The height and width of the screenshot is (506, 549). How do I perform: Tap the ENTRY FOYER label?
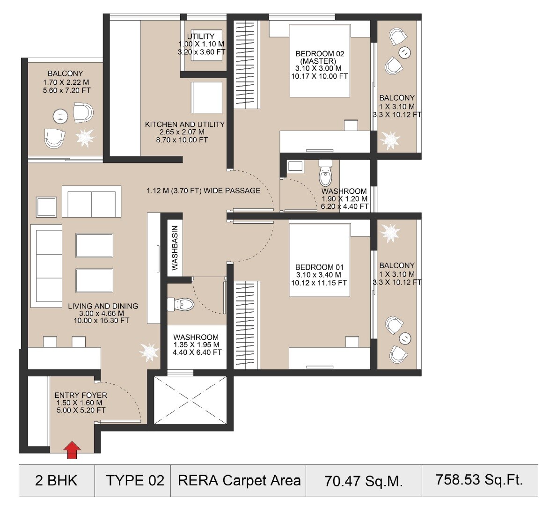click(81, 402)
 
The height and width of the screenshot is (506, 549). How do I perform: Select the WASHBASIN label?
click(175, 248)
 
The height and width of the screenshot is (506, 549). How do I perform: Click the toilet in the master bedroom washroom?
click(325, 174)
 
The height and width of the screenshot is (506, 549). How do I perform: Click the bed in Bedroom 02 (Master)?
click(320, 60)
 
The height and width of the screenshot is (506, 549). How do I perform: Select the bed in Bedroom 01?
click(320, 260)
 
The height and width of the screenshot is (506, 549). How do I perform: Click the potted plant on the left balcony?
click(85, 137)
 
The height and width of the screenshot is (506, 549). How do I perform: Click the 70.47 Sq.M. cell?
click(364, 481)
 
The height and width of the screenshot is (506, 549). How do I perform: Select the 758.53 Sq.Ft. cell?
click(479, 480)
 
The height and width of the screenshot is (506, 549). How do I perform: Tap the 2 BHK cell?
click(56, 481)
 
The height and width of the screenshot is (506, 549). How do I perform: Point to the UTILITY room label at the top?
click(201, 44)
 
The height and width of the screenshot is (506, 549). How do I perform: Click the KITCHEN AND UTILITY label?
click(184, 132)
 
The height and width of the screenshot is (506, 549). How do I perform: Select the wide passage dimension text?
click(203, 191)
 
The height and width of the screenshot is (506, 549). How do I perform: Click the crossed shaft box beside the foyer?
click(190, 401)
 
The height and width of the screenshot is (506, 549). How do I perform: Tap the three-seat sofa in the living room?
click(46, 266)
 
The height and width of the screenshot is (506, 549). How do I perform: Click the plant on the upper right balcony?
click(389, 139)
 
